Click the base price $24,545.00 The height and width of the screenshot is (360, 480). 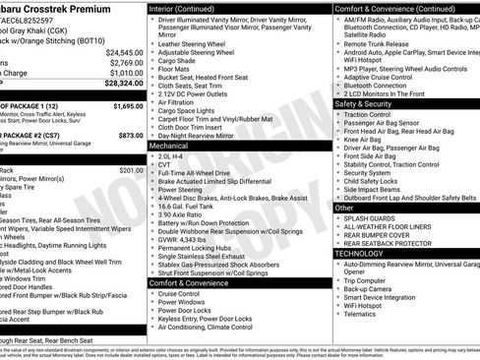click(x=125, y=51)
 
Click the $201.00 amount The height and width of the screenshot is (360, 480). click(x=131, y=169)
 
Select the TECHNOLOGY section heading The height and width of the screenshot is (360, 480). click(x=360, y=253)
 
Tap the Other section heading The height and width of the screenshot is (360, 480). click(x=343, y=208)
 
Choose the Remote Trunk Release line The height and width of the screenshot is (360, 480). click(x=380, y=43)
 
